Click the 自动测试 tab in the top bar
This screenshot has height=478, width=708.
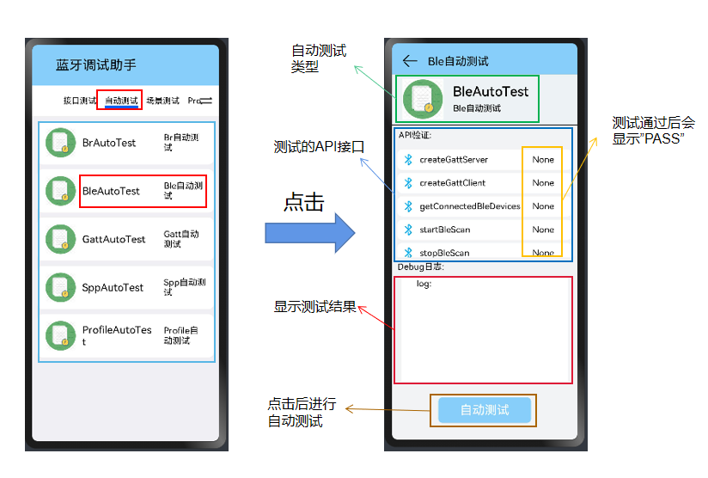121,101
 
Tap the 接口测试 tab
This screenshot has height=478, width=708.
80,101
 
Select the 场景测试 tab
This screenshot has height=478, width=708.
162,101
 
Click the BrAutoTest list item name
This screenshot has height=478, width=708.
109,143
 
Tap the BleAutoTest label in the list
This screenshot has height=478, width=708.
111,191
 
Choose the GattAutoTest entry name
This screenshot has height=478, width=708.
114,239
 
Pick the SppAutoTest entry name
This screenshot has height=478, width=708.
113,287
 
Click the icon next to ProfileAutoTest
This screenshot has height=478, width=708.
60,335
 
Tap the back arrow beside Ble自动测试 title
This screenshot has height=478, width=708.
410,61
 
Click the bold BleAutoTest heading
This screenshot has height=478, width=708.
491,91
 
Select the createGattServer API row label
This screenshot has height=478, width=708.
454,160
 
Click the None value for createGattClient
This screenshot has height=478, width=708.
543,183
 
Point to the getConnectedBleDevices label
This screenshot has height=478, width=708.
470,206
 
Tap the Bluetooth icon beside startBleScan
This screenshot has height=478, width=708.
409,230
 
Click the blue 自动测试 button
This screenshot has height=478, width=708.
485,410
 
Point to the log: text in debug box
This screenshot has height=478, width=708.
424,284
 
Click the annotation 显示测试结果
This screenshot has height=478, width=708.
314,306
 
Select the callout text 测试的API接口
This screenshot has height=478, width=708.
319,147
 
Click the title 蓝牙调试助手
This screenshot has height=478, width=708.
96,65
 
